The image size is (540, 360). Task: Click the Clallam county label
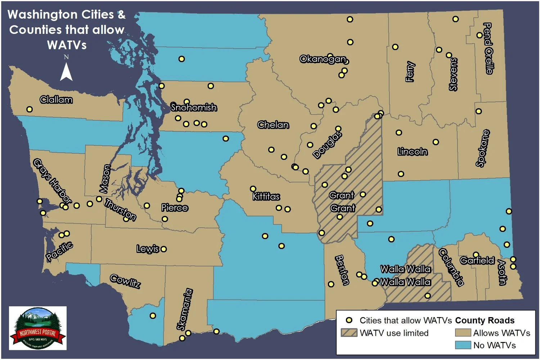pos(56,100)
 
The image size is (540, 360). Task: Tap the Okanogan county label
pos(323,59)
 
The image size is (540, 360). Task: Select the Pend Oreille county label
pos(488,48)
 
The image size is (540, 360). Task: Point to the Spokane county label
pos(483,148)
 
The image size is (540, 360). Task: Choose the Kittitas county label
pos(266,197)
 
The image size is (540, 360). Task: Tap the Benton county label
pos(342,270)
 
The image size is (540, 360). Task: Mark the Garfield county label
pos(477,260)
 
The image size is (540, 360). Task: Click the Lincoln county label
pos(413,152)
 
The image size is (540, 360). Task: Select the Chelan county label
pos(273,125)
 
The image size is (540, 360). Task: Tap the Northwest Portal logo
pos(38,328)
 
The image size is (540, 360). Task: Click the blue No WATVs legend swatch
pos(463,345)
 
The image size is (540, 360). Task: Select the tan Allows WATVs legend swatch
pos(463,333)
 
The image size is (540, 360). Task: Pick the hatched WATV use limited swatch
pos(349,333)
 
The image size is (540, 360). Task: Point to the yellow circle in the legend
pos(349,320)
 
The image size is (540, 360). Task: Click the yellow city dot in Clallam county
pos(30,109)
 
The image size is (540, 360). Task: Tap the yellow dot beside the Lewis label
pos(164,249)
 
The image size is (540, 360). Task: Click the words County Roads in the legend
pos(485,320)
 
